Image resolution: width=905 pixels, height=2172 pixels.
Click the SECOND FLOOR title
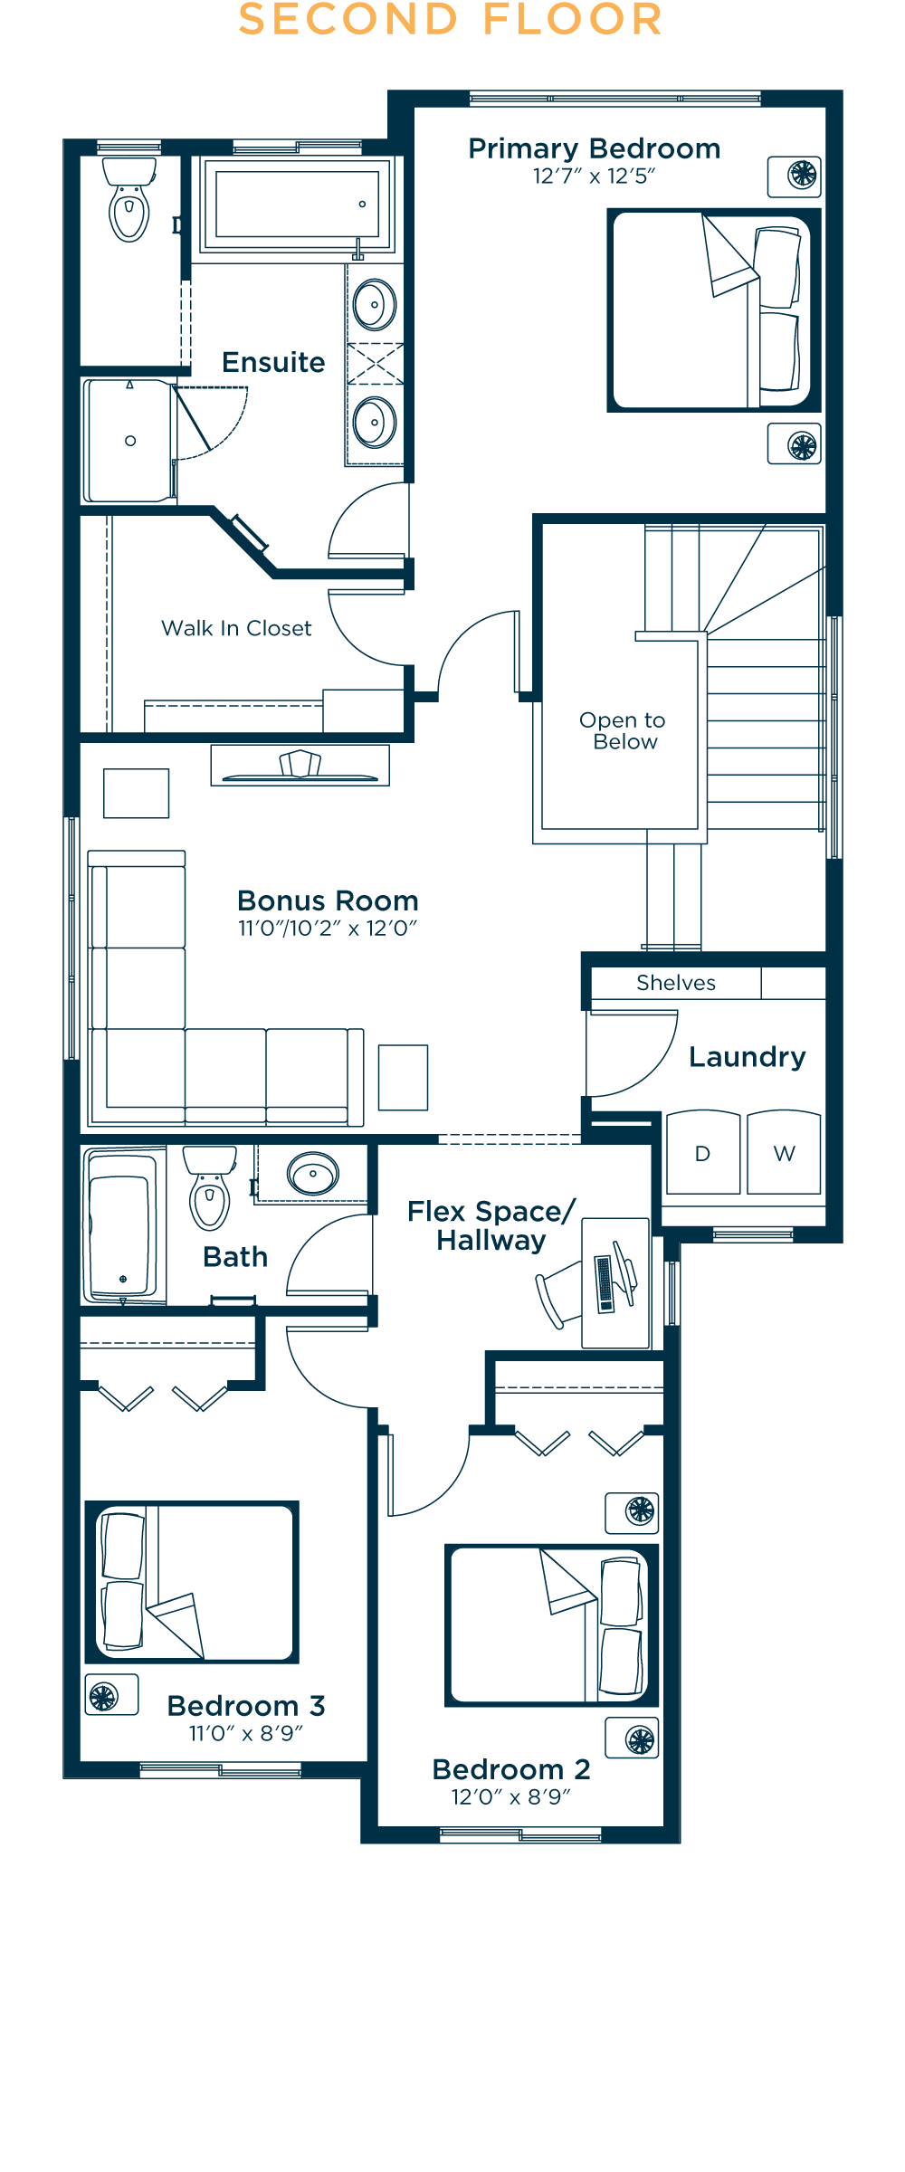[x=451, y=20]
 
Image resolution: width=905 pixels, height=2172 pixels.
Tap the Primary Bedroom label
[x=594, y=148]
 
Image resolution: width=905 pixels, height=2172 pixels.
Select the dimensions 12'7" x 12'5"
[x=594, y=176]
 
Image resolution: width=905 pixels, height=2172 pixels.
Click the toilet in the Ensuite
[x=129, y=204]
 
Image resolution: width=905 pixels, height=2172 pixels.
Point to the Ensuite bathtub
[x=297, y=204]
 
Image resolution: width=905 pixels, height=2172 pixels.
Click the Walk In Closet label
[x=236, y=628]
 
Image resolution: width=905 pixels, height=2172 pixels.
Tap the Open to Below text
[x=623, y=730]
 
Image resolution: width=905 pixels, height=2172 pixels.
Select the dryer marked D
[x=703, y=1153]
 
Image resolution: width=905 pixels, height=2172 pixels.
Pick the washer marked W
[x=784, y=1153]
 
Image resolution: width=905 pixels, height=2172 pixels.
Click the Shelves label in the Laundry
[x=676, y=983]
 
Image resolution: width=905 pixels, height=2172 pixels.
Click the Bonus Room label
[x=328, y=900]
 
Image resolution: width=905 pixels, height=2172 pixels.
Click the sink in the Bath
[x=313, y=1174]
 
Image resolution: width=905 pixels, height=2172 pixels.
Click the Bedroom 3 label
[x=246, y=1706]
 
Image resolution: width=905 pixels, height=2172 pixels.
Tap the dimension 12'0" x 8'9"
[x=511, y=1796]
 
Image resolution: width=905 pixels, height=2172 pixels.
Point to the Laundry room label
[x=747, y=1057]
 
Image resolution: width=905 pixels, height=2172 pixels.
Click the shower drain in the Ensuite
[x=130, y=441]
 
